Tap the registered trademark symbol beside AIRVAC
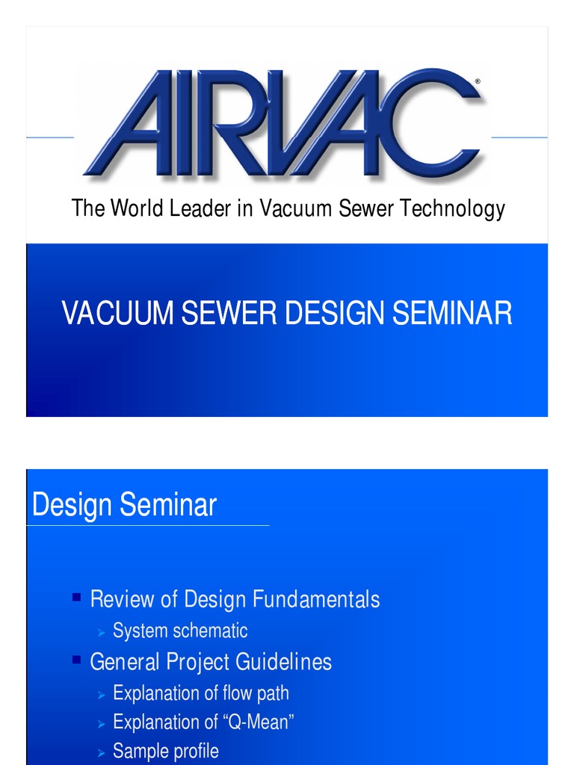click(x=478, y=81)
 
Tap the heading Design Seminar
click(x=124, y=505)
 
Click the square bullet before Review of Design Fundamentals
click(x=76, y=597)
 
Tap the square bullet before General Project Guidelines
click(x=76, y=660)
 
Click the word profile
click(x=195, y=751)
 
